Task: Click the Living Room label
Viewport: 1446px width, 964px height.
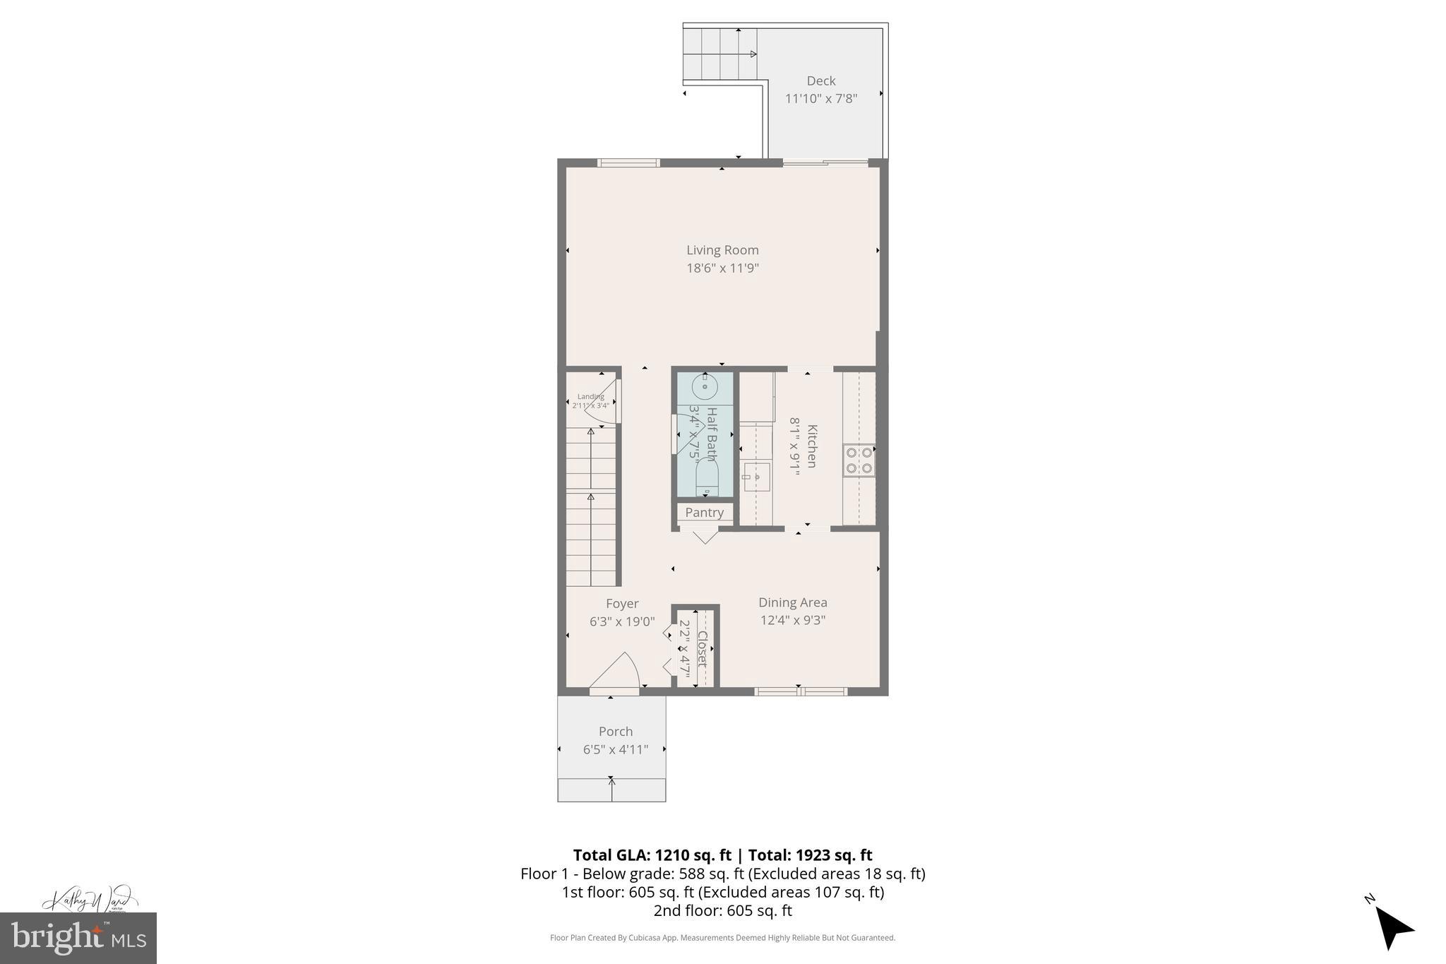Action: (x=722, y=250)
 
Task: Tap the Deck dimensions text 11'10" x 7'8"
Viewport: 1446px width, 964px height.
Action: (x=821, y=98)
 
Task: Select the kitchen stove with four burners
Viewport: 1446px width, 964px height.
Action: (x=859, y=460)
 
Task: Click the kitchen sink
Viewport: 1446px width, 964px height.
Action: (x=757, y=477)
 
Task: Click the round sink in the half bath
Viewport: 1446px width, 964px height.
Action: (x=705, y=387)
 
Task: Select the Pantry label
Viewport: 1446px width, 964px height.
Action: (x=704, y=513)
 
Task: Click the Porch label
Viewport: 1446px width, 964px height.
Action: (x=616, y=732)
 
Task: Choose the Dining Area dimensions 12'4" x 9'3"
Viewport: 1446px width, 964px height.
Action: (x=792, y=620)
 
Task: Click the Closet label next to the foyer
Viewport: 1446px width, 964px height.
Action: (x=703, y=648)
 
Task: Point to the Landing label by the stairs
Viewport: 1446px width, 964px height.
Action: (x=591, y=397)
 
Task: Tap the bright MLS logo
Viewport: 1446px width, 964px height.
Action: (x=78, y=938)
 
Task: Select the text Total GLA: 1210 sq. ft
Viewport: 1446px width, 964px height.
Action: (x=652, y=855)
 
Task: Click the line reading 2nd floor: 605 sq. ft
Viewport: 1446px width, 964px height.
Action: (x=722, y=910)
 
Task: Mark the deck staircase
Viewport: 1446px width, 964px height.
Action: (x=720, y=54)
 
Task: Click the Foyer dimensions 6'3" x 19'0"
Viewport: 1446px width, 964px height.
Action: (x=622, y=621)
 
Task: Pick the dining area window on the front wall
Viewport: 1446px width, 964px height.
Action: (x=800, y=691)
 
